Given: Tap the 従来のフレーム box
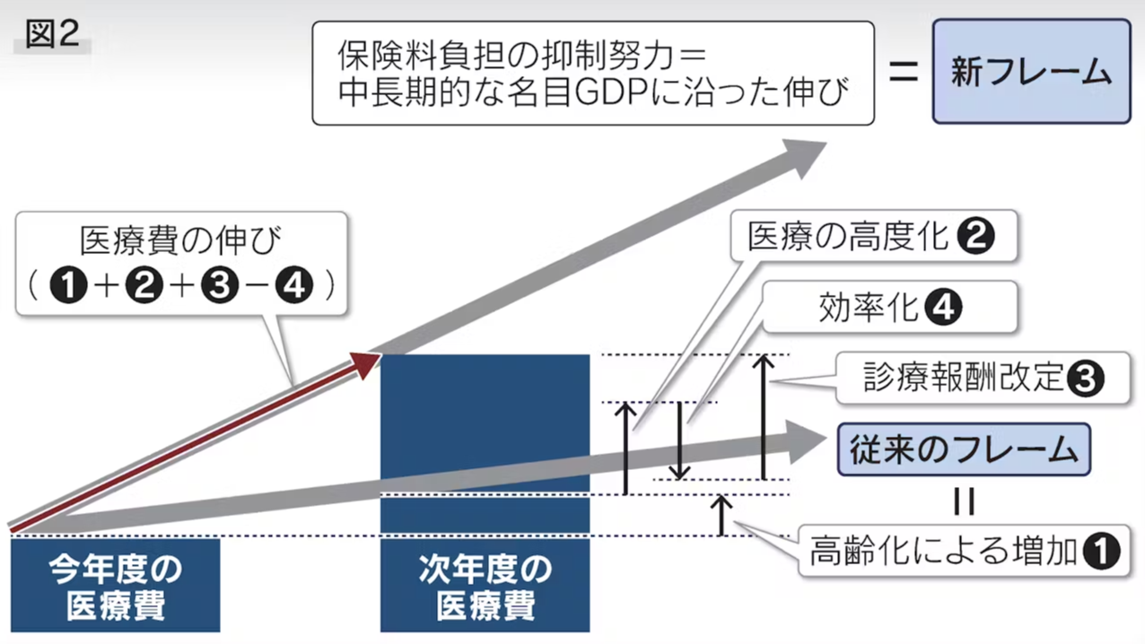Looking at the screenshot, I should (964, 449).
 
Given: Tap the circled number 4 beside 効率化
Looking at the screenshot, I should (942, 309).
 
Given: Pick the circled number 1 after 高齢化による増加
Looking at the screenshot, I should (1102, 551).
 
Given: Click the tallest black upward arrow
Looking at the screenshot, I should (763, 417).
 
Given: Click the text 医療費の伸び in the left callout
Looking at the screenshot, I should (180, 241).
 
